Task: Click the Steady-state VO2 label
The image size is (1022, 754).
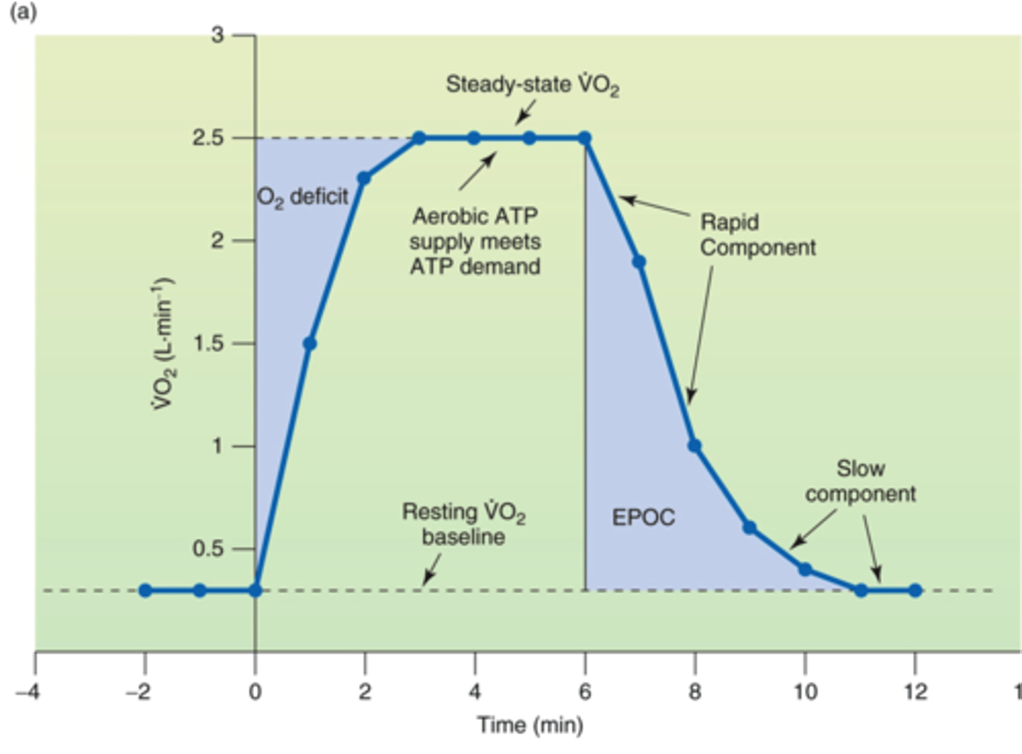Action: coord(532,84)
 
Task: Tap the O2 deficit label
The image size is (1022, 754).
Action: coord(303,197)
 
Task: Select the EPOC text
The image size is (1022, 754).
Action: coord(643,517)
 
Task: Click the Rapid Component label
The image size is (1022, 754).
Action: coord(757,235)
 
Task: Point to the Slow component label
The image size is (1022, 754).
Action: coord(860,481)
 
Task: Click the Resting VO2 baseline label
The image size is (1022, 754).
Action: coord(463,524)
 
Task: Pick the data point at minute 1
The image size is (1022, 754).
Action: coord(309,344)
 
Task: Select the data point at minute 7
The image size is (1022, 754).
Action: coord(639,262)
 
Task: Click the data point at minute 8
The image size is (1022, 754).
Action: coord(694,446)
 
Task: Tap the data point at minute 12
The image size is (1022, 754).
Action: coord(915,590)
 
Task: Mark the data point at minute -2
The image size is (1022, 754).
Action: coord(145,590)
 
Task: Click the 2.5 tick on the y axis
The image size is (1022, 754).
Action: coord(207,138)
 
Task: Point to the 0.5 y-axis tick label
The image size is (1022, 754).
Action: coord(207,549)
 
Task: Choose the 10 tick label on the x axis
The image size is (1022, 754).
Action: coord(804,691)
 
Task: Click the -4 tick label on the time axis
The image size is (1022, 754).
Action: coord(28,691)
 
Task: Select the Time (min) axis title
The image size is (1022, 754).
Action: coord(529,725)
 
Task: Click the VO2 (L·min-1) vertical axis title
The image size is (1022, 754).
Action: coord(163,344)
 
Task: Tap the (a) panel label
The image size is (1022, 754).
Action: coord(23,12)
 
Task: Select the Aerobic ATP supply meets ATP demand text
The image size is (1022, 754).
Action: coord(475,241)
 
